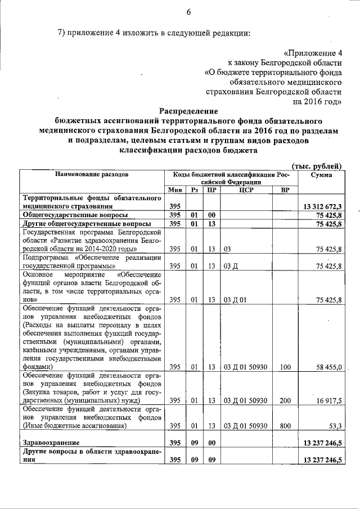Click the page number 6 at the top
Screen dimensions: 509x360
[x=188, y=12]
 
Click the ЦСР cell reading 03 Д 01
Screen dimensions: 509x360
[x=236, y=299]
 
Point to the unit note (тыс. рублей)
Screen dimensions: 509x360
[x=317, y=165]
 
